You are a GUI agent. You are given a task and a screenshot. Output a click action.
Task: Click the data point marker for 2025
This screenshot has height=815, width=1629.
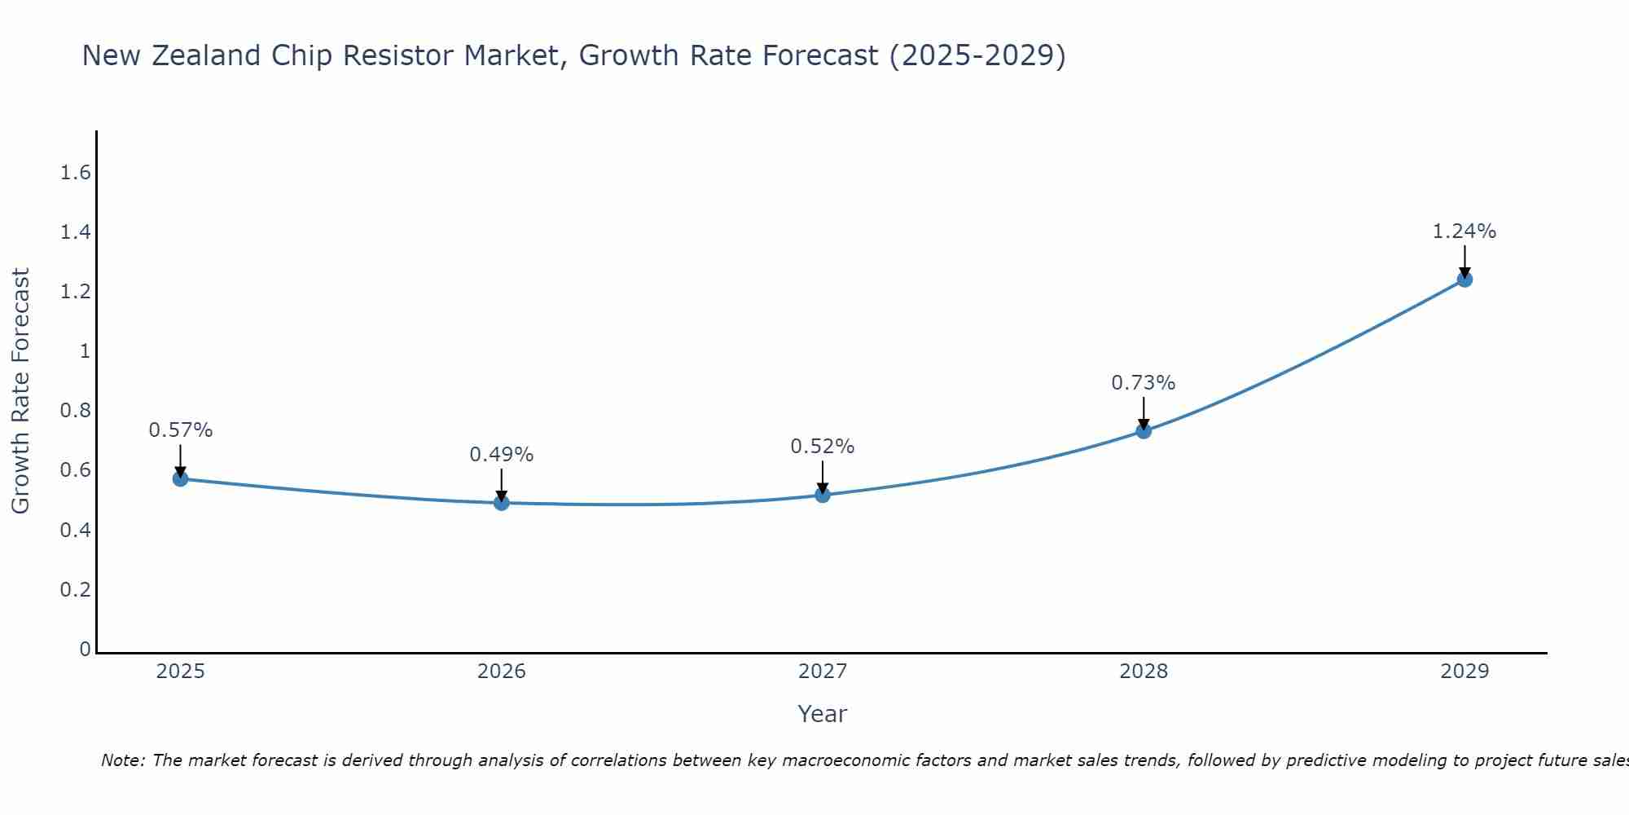click(181, 478)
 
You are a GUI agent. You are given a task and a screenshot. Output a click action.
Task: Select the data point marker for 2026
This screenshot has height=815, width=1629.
click(502, 503)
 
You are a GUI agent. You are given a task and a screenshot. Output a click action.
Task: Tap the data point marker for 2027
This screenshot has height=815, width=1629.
click(823, 495)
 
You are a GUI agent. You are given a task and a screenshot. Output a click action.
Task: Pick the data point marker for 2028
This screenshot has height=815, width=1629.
click(1144, 431)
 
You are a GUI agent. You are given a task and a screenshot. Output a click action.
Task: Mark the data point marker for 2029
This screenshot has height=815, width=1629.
click(1464, 280)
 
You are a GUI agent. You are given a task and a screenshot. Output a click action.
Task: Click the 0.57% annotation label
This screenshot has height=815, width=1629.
click(181, 430)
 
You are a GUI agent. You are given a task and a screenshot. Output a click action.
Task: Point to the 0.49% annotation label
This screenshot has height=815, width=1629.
click(502, 455)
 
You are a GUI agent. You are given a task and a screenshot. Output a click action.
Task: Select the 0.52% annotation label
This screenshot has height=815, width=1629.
click(823, 447)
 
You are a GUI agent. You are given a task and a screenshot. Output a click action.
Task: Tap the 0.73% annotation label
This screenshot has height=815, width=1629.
click(1144, 383)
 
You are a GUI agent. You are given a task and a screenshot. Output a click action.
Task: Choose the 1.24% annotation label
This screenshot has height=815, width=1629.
click(1464, 231)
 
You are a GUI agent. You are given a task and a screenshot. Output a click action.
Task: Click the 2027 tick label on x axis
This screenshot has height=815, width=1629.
click(823, 672)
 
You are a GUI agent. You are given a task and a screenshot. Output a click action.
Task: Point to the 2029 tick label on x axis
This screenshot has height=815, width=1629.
click(1464, 672)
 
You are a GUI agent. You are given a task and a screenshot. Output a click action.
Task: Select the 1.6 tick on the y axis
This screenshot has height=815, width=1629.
click(76, 173)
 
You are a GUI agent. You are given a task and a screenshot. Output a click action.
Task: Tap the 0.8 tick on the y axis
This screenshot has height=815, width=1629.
click(76, 411)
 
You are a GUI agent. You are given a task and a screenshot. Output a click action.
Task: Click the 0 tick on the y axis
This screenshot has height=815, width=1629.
click(85, 650)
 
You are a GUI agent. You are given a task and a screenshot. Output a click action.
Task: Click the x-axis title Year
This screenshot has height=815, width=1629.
click(823, 714)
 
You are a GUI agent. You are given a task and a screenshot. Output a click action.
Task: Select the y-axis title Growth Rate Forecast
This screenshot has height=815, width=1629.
click(20, 390)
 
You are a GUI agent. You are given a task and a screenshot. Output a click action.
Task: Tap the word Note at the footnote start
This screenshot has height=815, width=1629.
click(122, 760)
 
